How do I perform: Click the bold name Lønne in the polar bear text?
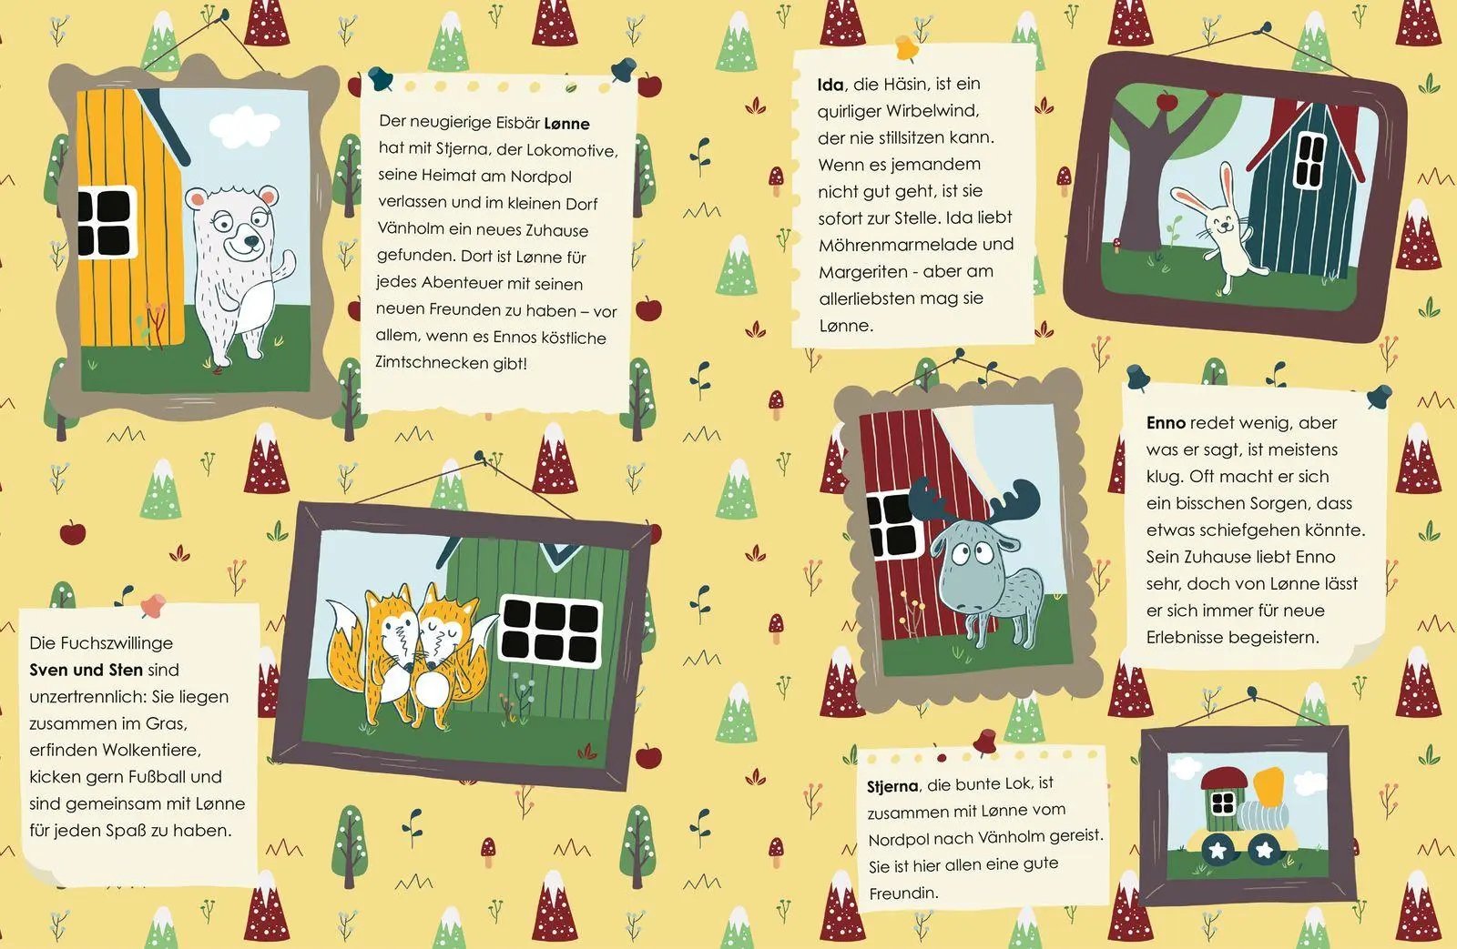(566, 124)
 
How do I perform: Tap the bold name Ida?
(830, 85)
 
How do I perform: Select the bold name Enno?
(1166, 423)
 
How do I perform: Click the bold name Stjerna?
(892, 786)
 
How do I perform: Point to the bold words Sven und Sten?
(86, 671)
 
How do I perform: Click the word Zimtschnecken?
(432, 362)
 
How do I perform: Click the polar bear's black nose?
(251, 242)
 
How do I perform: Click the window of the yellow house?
(107, 222)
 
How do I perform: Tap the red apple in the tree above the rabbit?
(1167, 101)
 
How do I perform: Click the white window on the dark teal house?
(1309, 160)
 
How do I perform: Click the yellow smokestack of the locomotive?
(1269, 785)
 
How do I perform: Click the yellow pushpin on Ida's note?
(907, 47)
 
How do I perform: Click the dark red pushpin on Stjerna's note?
(984, 741)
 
